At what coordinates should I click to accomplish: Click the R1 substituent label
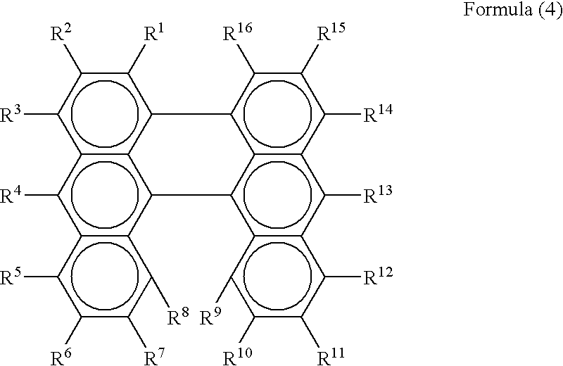(156, 34)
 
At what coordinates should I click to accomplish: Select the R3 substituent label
(13, 114)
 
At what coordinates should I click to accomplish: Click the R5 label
(13, 275)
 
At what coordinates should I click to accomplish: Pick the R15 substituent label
(330, 34)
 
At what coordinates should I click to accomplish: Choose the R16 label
(237, 34)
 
